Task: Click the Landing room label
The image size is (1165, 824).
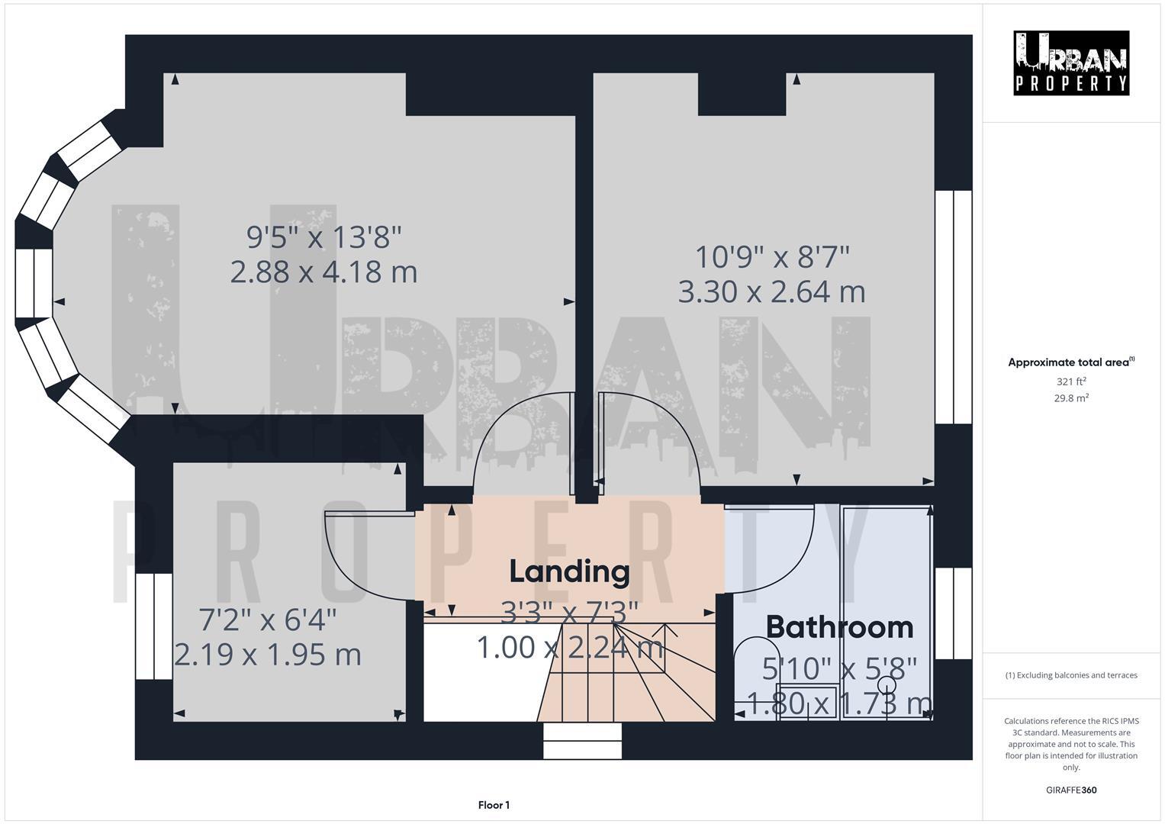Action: click(x=569, y=571)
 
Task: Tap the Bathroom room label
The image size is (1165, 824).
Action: click(x=839, y=627)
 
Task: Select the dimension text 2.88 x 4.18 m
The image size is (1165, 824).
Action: click(x=323, y=272)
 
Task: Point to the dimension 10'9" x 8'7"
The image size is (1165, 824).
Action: click(x=772, y=256)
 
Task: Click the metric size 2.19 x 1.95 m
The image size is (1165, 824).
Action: click(x=268, y=655)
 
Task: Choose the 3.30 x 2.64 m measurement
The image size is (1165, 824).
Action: click(x=771, y=292)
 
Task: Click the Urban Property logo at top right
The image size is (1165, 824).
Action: click(x=1070, y=63)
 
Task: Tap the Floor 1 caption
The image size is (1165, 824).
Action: click(x=494, y=805)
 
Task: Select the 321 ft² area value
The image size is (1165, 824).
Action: click(x=1070, y=381)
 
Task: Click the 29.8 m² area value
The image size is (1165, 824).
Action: click(x=1070, y=398)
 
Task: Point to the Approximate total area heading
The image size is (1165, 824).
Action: click(x=1070, y=362)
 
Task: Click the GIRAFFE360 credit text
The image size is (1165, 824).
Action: click(x=1070, y=790)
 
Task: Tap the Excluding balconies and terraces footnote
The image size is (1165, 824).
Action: click(x=1070, y=675)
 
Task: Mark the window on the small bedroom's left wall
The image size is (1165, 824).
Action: click(x=153, y=626)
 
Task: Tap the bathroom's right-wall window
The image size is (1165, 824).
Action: click(x=953, y=613)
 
